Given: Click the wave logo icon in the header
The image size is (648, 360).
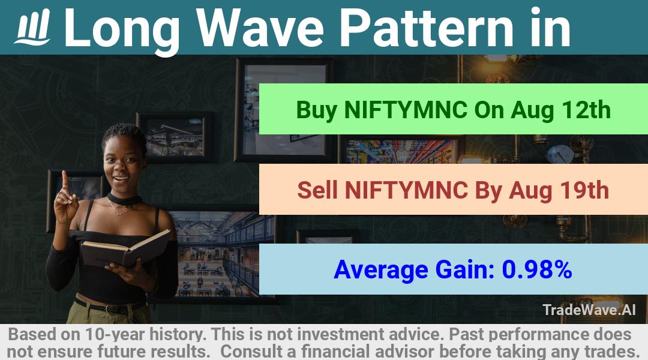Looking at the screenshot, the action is pyautogui.click(x=32, y=27).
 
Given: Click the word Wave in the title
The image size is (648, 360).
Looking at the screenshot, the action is pyautogui.click(x=260, y=28).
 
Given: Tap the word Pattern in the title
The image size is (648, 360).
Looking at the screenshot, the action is pyautogui.click(x=425, y=28).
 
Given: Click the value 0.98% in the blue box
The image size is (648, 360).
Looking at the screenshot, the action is pyautogui.click(x=537, y=269).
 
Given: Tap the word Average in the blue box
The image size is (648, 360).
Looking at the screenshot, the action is pyautogui.click(x=380, y=270).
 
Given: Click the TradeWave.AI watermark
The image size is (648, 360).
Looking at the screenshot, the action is pyautogui.click(x=589, y=310).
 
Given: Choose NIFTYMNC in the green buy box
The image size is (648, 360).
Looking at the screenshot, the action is pyautogui.click(x=406, y=110).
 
